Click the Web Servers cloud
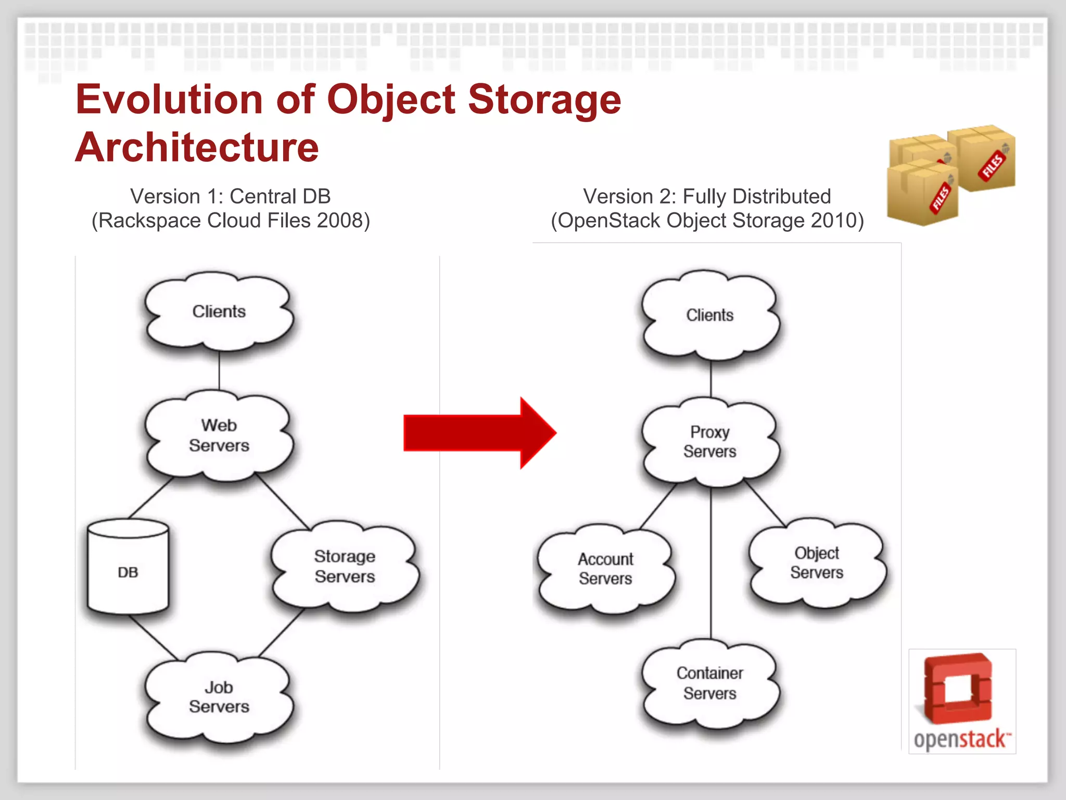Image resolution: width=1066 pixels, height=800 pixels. click(x=219, y=435)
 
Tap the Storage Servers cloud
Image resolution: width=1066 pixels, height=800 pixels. click(x=345, y=566)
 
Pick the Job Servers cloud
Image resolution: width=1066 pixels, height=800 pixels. click(x=219, y=697)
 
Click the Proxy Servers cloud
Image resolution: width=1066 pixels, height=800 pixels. click(x=710, y=442)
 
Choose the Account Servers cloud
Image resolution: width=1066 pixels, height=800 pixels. click(x=605, y=568)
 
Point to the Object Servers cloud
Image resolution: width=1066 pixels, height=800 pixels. click(x=816, y=562)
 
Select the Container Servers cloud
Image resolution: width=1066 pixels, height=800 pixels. click(x=710, y=683)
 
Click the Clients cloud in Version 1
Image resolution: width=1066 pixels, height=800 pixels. click(x=219, y=311)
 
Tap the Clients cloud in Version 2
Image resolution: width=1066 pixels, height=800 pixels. click(x=710, y=315)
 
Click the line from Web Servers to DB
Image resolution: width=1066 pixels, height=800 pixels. click(x=151, y=497)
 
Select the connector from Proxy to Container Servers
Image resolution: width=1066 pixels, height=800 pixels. click(x=711, y=562)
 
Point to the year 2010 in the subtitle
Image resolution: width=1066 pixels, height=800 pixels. click(x=833, y=221)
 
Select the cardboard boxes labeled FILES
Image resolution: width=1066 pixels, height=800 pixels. click(x=949, y=174)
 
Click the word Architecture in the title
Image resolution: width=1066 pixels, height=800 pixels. click(x=197, y=147)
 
